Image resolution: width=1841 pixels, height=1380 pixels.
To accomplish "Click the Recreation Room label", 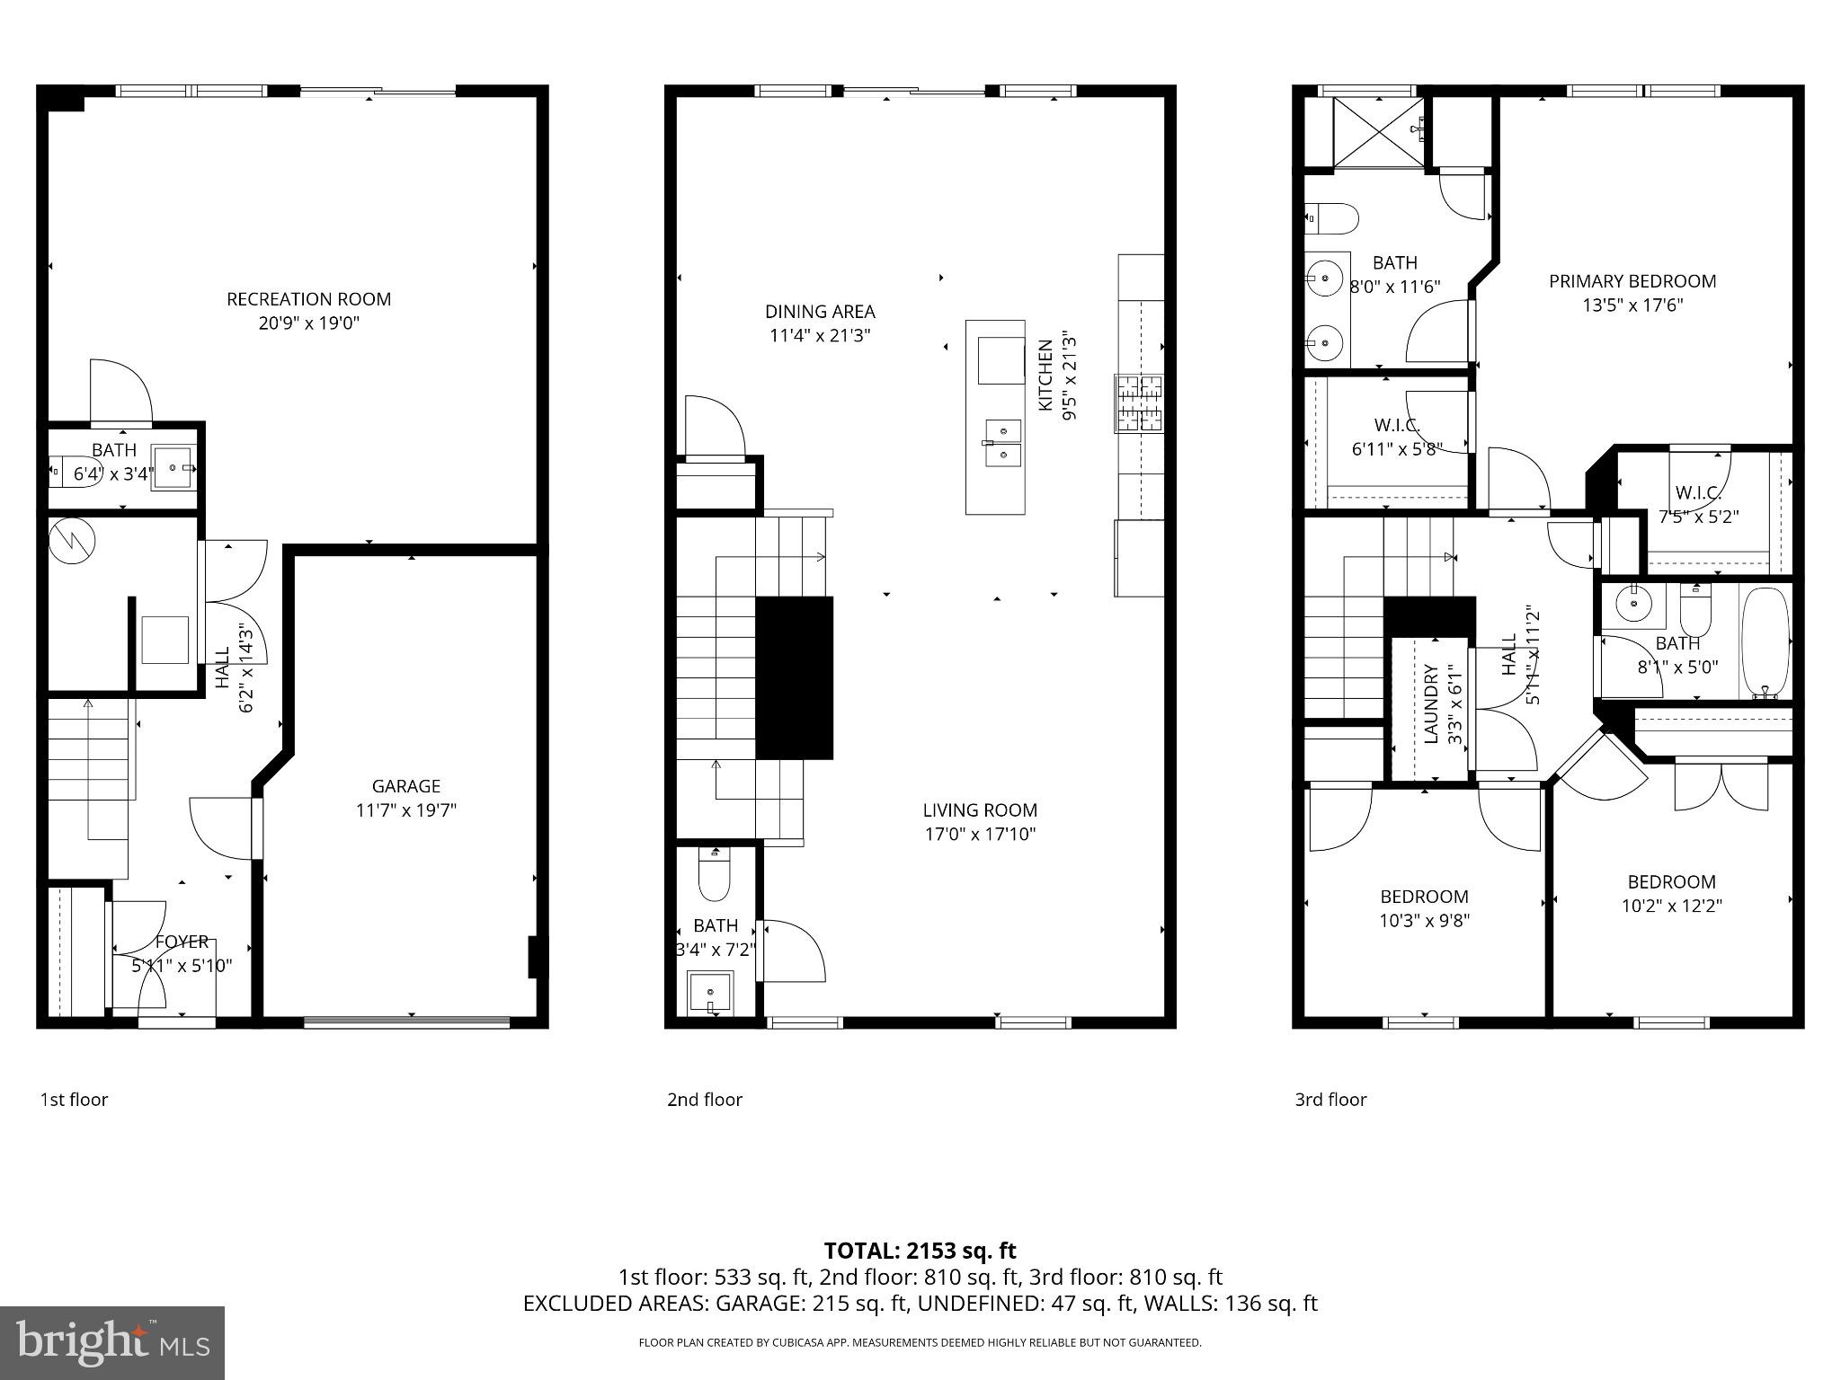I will [308, 299].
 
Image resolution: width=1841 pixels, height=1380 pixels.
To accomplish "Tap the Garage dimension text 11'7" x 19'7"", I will [406, 810].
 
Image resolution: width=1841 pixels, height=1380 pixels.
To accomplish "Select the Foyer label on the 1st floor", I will [182, 942].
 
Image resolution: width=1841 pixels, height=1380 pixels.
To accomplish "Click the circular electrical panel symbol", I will [70, 542].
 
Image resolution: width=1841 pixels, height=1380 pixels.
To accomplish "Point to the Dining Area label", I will [820, 312].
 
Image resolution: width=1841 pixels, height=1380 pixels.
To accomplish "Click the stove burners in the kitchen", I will [1139, 402].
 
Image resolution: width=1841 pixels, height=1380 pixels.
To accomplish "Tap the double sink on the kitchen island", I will [1002, 443].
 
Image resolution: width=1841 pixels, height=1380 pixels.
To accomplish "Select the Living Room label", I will [980, 810].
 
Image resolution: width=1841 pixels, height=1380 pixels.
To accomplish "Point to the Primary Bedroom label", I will [1632, 281].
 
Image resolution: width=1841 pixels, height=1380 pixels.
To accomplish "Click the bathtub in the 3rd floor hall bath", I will [1765, 641].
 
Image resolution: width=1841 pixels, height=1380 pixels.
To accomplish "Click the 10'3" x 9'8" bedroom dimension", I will [1425, 921].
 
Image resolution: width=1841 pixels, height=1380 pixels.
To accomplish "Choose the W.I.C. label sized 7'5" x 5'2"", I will [1698, 492].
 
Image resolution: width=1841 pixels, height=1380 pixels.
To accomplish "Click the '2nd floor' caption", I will [705, 1100].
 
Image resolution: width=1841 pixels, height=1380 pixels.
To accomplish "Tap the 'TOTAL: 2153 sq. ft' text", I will [920, 1251].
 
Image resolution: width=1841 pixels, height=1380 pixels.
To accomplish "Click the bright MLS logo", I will [112, 1343].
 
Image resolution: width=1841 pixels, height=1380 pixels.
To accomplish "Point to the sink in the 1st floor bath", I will [173, 469].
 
